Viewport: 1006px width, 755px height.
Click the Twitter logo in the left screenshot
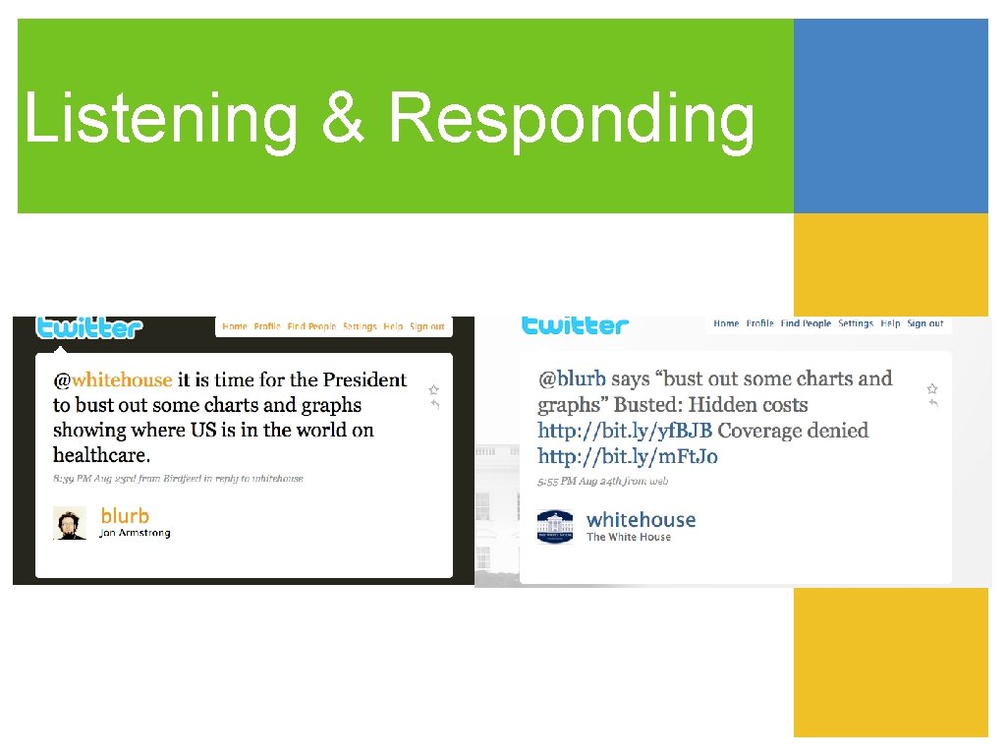coord(89,327)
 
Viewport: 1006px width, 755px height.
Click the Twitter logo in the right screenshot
coord(575,324)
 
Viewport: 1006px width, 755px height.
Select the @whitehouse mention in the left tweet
coord(113,379)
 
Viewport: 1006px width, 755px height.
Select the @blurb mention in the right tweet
coord(572,378)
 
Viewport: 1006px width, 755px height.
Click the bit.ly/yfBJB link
coord(625,431)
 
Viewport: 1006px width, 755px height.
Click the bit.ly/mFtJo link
coord(627,456)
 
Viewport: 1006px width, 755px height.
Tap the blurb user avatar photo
coord(69,523)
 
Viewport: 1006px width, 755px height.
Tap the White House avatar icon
coord(555,526)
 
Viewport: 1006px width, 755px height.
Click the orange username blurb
coord(125,516)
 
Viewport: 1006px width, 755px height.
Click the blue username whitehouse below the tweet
coord(641,520)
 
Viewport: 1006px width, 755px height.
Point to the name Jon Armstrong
coord(136,534)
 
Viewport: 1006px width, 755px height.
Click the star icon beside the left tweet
coord(433,390)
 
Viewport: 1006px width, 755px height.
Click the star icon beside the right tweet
coord(932,388)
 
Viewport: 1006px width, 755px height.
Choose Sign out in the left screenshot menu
coord(426,326)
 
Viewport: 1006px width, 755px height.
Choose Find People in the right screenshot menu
coord(806,323)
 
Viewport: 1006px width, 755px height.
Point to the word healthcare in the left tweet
coord(100,455)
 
